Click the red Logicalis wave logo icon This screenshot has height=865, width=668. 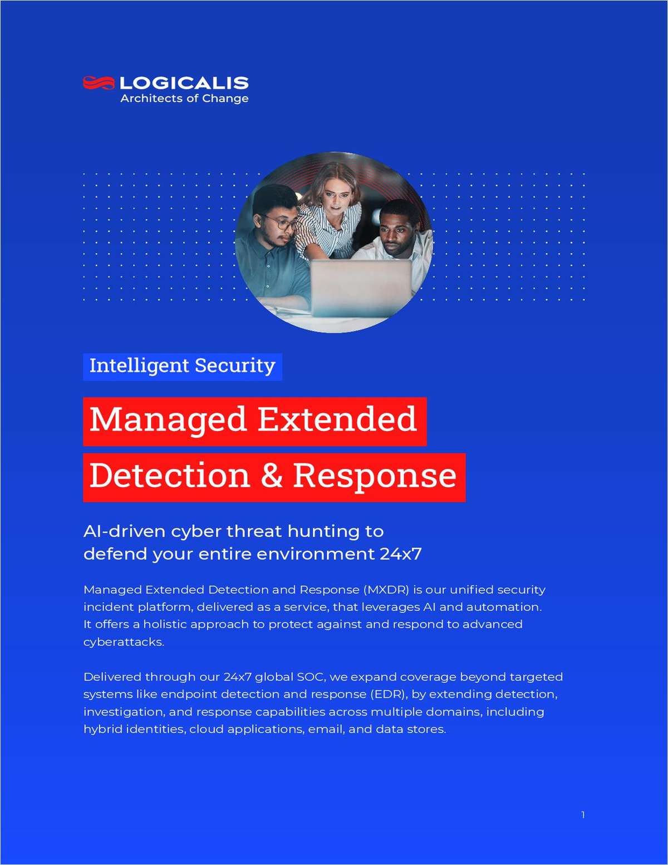click(x=99, y=83)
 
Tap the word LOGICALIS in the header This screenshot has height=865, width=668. click(x=184, y=83)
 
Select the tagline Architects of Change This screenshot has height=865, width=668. click(x=184, y=98)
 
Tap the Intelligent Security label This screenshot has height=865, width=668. click(x=182, y=366)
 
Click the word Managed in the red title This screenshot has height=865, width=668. click(x=168, y=420)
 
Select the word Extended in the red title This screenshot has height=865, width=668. click(x=337, y=420)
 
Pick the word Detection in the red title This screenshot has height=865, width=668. click(x=169, y=476)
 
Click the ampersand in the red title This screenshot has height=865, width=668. click(x=271, y=476)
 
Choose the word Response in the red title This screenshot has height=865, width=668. click(x=375, y=476)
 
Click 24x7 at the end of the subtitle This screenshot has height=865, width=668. click(x=401, y=554)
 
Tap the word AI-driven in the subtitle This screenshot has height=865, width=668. click(x=124, y=531)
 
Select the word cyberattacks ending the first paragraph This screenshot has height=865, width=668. click(x=124, y=642)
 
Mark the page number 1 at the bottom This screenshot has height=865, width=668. click(x=583, y=815)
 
